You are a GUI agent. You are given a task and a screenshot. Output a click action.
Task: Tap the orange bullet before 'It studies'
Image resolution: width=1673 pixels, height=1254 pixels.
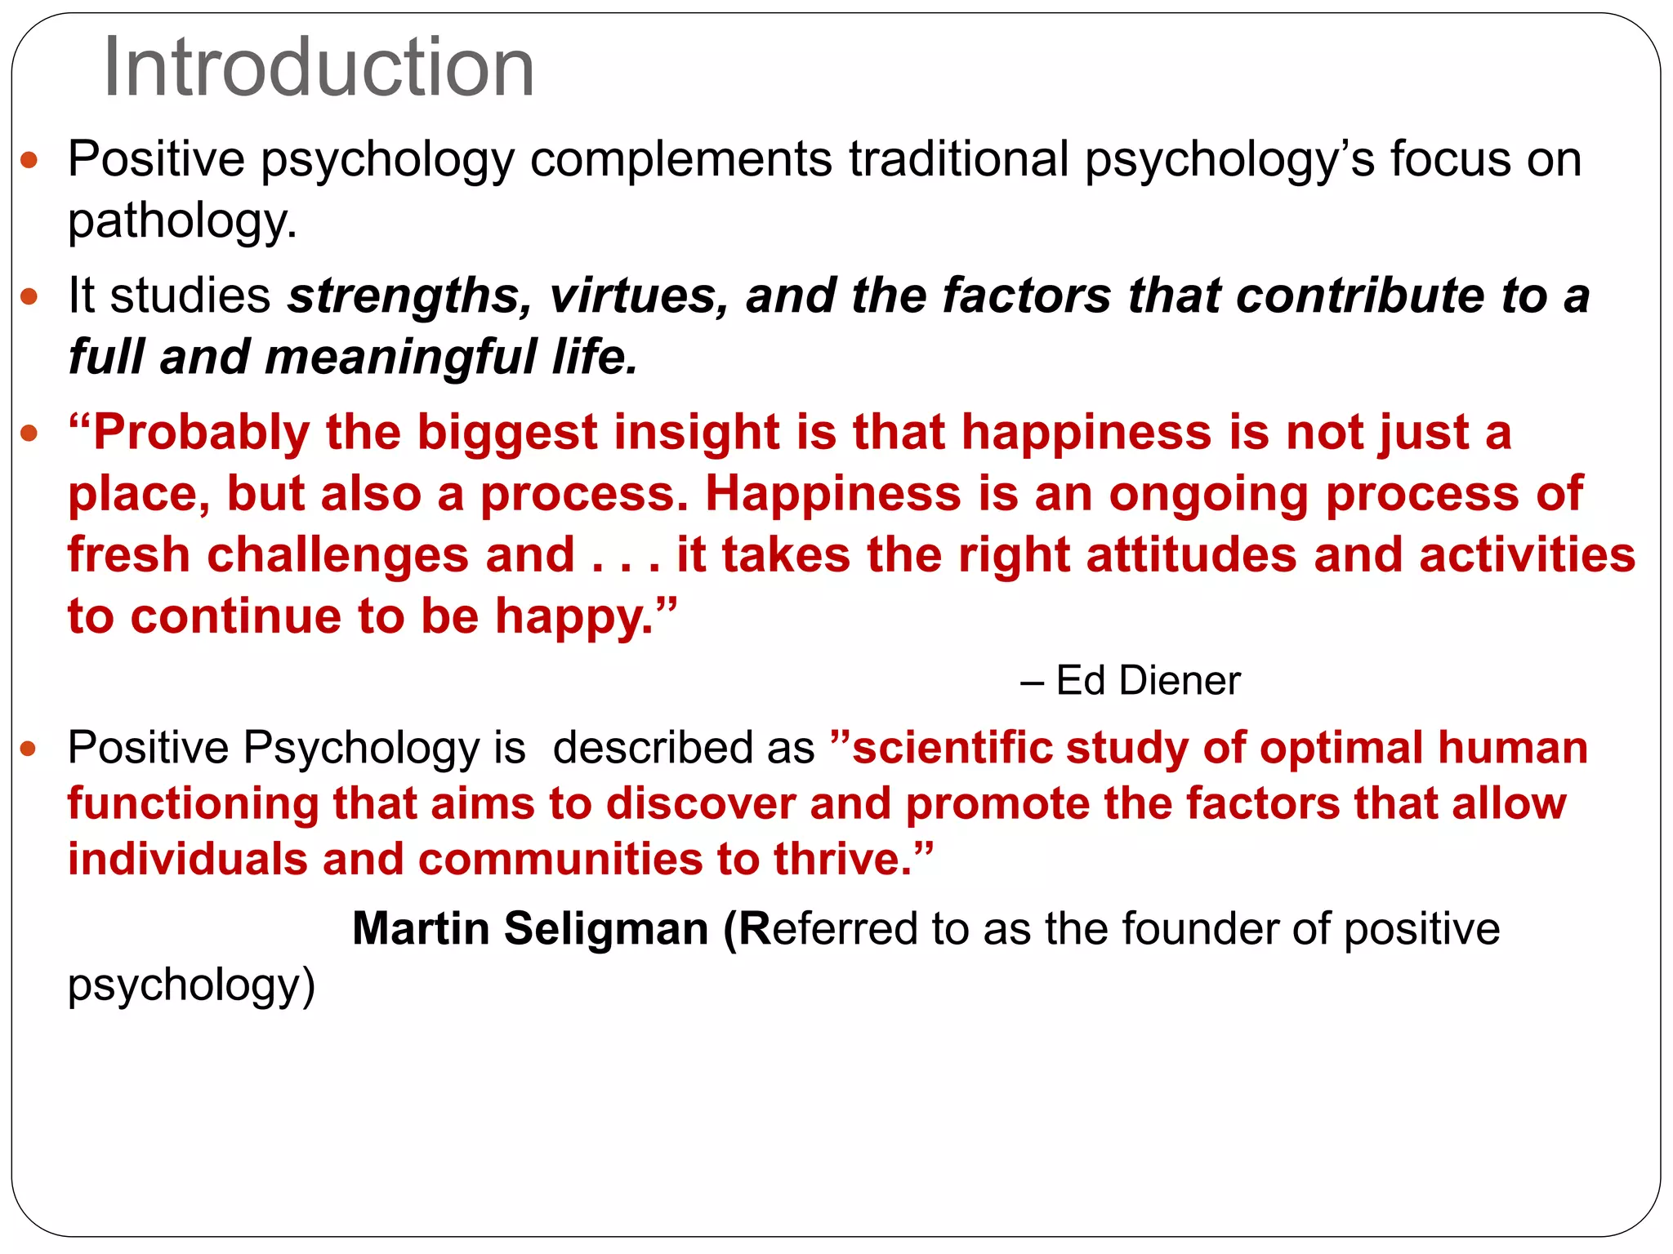tap(29, 296)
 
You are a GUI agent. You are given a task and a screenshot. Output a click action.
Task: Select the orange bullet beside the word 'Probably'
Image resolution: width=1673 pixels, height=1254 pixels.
tap(29, 433)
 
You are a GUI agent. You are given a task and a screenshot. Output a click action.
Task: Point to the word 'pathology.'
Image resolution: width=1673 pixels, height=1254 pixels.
tap(182, 220)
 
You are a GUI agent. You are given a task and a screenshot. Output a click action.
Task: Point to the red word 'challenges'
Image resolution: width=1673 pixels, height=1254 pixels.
tap(337, 555)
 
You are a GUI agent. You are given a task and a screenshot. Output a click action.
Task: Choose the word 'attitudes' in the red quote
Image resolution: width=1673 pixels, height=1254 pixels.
tap(1191, 555)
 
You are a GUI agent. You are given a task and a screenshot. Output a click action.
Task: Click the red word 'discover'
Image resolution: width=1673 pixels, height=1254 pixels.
tap(700, 803)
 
